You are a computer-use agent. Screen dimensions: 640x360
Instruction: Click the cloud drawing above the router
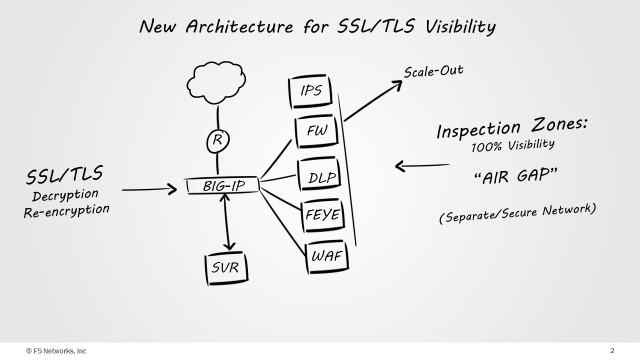[x=216, y=83]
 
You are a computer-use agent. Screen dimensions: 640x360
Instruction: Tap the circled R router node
[x=218, y=141]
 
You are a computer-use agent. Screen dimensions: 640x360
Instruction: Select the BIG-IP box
[x=222, y=185]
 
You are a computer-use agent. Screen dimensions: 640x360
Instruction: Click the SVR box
[x=227, y=268]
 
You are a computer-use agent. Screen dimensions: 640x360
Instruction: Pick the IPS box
[x=311, y=91]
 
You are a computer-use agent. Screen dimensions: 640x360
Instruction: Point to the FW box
[x=317, y=131]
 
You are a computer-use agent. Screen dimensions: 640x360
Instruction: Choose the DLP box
[x=320, y=176]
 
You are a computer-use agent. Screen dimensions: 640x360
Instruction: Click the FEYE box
[x=323, y=216]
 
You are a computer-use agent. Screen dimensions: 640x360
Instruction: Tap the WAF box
[x=327, y=256]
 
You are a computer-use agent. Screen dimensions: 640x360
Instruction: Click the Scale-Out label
[x=433, y=71]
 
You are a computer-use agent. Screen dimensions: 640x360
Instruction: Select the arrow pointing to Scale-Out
[x=373, y=101]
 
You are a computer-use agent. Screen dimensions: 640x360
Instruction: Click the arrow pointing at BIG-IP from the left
[x=149, y=189]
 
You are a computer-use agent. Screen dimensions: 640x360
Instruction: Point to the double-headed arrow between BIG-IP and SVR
[x=227, y=222]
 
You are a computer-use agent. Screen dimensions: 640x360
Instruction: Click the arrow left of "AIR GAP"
[x=422, y=166]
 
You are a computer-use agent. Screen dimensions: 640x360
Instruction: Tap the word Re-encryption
[x=67, y=211]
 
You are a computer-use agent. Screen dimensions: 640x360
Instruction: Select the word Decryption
[x=65, y=195]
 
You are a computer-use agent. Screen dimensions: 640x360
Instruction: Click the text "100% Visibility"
[x=513, y=145]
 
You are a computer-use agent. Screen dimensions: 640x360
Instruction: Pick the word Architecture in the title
[x=240, y=27]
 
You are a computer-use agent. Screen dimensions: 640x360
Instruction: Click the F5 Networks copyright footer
[x=56, y=351]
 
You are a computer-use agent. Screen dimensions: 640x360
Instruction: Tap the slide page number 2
[x=612, y=351]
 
